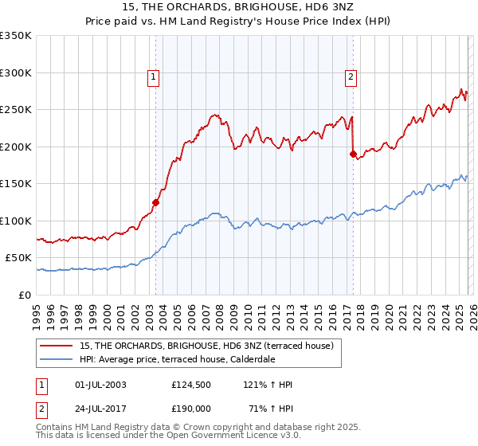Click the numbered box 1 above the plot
[x=152, y=77]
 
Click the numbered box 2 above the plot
[x=350, y=77]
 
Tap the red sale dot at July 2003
[x=155, y=202]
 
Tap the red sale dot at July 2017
[x=353, y=154]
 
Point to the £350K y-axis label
[x=15, y=36]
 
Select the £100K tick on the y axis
[x=15, y=221]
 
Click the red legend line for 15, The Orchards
[x=57, y=345]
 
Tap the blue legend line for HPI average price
[x=57, y=359]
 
